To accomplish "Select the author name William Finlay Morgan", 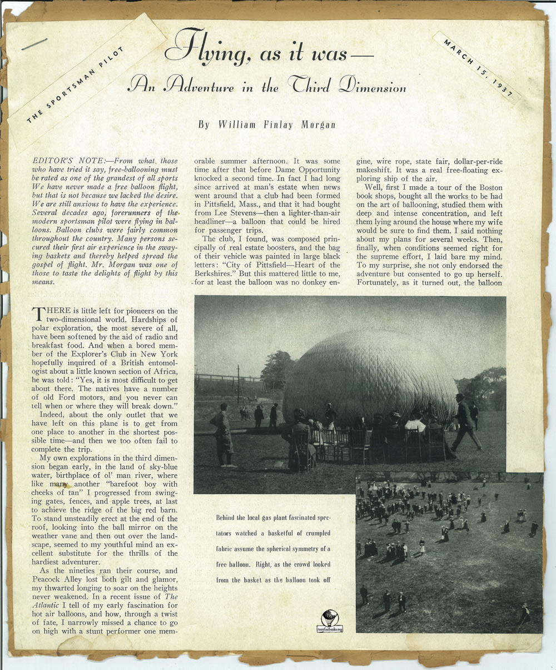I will pyautogui.click(x=267, y=125).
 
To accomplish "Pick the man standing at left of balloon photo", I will pyautogui.click(x=222, y=434).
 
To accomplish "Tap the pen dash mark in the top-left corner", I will pyautogui.click(x=34, y=44).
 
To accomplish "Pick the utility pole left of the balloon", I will pyautogui.click(x=239, y=384).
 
